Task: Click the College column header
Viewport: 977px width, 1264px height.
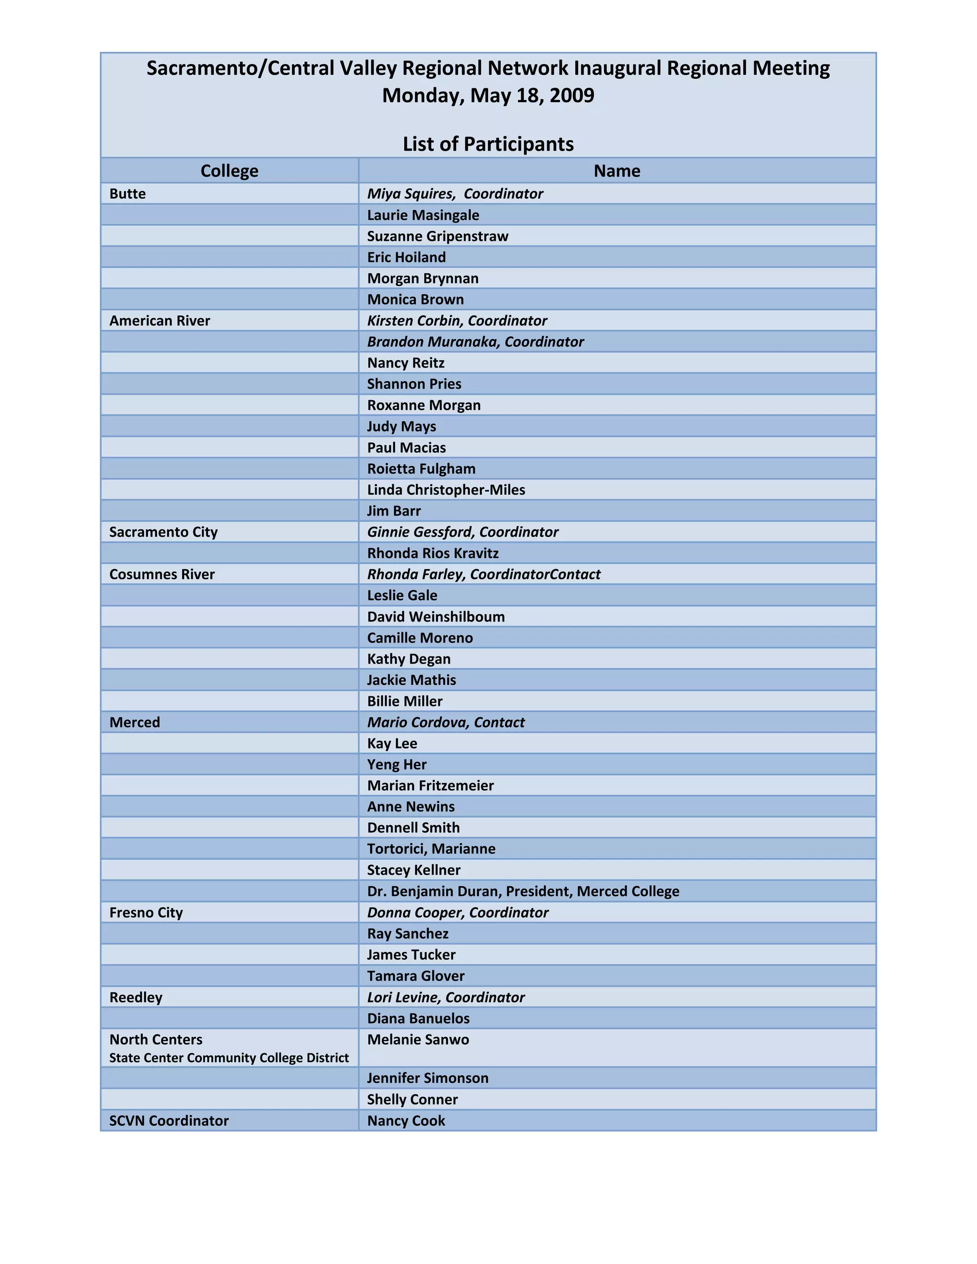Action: pyautogui.click(x=229, y=171)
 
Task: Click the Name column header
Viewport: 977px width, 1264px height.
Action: pyautogui.click(x=616, y=171)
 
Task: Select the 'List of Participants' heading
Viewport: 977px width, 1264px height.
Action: pyautogui.click(x=488, y=144)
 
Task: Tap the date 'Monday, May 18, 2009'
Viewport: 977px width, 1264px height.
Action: pyautogui.click(x=488, y=95)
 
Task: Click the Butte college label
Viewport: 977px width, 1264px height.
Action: pyautogui.click(x=127, y=193)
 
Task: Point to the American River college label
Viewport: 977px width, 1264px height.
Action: pyautogui.click(x=159, y=321)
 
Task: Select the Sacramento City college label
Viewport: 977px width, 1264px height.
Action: pyautogui.click(x=163, y=532)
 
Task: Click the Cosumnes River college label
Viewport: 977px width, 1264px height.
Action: pyautogui.click(x=162, y=574)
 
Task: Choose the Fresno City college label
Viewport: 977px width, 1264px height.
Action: pyautogui.click(x=146, y=912)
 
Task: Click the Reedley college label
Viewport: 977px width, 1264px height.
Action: pyautogui.click(x=135, y=997)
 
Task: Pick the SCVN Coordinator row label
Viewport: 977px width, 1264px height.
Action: pyautogui.click(x=168, y=1121)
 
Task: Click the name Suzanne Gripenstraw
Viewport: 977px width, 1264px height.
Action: pyautogui.click(x=437, y=236)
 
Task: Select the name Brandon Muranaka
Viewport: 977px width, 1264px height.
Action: pyautogui.click(x=433, y=342)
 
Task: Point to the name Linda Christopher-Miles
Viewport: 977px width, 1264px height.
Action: pyautogui.click(x=446, y=490)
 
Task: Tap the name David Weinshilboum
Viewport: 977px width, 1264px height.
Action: pyautogui.click(x=436, y=617)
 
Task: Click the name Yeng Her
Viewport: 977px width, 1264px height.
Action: pyautogui.click(x=396, y=765)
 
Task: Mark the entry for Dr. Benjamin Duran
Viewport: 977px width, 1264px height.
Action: pyautogui.click(x=523, y=891)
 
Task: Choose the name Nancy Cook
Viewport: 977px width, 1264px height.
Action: pyautogui.click(x=406, y=1121)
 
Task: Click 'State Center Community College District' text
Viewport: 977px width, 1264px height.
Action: pyautogui.click(x=229, y=1058)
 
